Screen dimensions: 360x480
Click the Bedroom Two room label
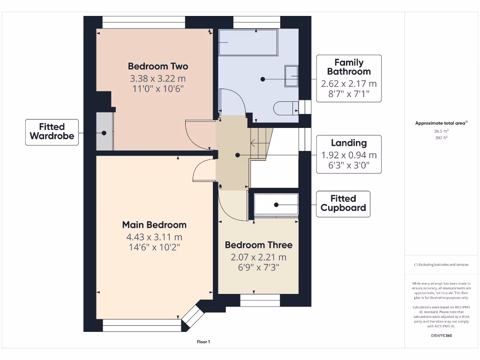tap(158, 66)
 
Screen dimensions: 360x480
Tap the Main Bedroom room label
tap(154, 225)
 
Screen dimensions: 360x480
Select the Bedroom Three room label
tap(258, 245)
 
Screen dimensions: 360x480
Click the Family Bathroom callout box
tap(349, 78)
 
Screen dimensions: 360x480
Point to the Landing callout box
tap(349, 154)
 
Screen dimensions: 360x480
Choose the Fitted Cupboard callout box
tap(343, 203)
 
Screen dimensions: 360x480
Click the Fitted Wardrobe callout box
tap(52, 132)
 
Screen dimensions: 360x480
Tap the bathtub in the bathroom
tap(248, 42)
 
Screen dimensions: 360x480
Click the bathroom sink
tap(291, 76)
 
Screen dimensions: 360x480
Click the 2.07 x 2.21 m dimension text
tap(258, 257)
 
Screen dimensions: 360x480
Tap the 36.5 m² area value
tap(441, 131)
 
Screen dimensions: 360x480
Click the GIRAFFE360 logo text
tap(441, 336)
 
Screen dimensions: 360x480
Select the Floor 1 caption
tap(203, 342)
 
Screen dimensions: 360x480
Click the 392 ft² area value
tap(441, 138)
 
